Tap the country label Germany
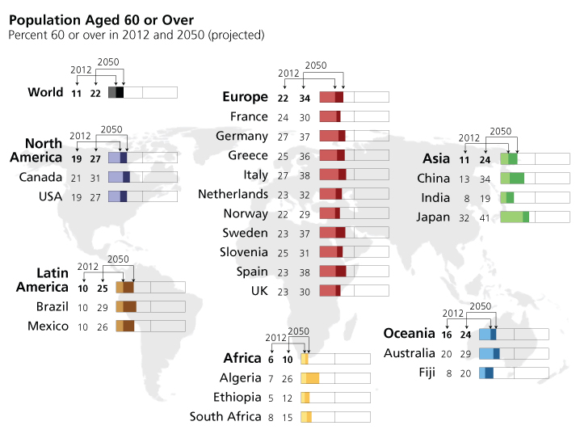pyautogui.click(x=242, y=136)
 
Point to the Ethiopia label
pyautogui.click(x=238, y=398)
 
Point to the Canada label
pyautogui.click(x=41, y=177)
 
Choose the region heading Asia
pyautogui.click(x=436, y=158)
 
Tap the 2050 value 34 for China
pyautogui.click(x=486, y=179)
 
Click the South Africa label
pyautogui.click(x=225, y=417)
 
